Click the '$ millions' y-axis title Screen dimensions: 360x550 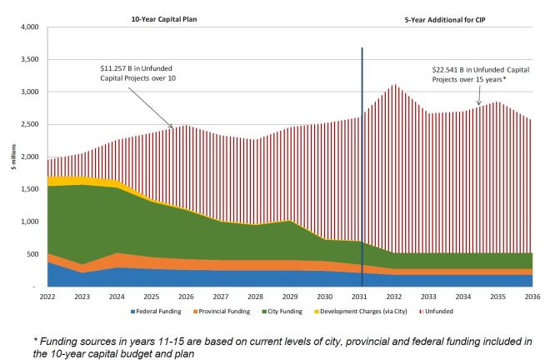(x=12, y=157)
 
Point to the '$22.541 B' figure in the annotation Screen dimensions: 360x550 (x=451, y=70)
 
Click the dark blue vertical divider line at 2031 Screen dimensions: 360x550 (x=362, y=167)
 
